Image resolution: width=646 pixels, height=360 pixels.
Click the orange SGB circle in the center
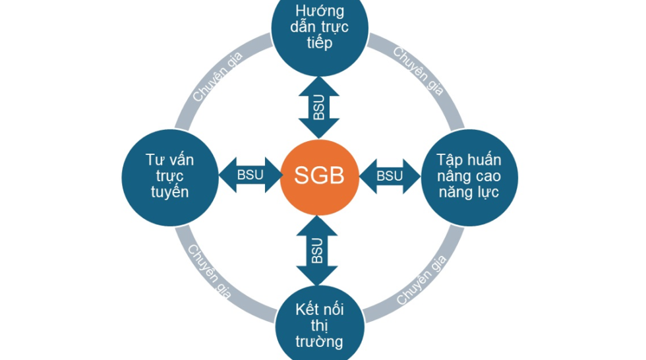319,175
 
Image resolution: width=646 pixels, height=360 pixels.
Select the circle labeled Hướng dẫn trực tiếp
319,33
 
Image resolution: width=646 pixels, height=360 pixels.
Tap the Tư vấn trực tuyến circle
169,175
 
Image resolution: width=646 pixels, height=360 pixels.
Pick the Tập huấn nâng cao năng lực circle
469,175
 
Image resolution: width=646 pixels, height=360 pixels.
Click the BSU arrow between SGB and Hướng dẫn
319,105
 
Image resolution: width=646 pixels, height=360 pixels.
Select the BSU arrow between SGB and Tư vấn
250,175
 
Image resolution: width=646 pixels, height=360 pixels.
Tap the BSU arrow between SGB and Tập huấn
389,175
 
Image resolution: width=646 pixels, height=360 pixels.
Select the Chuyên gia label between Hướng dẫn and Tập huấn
419,72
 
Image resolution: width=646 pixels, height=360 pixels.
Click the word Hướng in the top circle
320,11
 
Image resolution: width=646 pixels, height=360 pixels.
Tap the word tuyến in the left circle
169,193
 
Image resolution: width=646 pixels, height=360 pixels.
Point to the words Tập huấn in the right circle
469,160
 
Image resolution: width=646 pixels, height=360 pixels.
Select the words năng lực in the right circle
469,193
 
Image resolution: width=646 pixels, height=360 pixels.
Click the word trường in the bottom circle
319,342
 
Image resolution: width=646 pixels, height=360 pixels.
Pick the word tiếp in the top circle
319,44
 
